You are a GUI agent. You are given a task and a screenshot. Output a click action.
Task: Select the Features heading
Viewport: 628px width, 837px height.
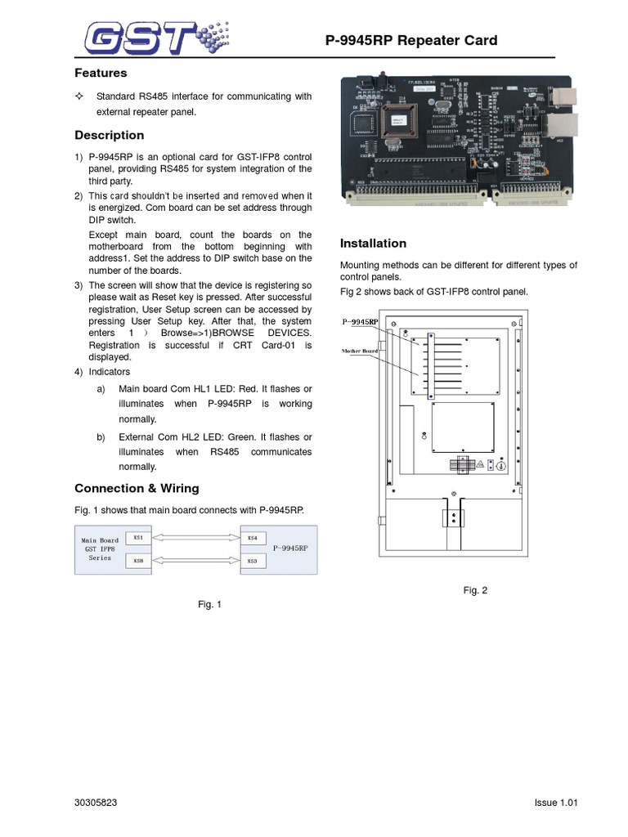coord(101,74)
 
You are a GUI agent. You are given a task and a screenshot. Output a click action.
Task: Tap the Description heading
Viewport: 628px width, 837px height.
coord(109,135)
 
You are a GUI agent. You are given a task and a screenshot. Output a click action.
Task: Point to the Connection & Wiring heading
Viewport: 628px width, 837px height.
coord(137,488)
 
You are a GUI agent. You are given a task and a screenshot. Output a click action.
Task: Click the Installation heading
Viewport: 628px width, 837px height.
coord(373,243)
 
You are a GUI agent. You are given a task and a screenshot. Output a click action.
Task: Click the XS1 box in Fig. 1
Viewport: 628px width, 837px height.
coord(137,537)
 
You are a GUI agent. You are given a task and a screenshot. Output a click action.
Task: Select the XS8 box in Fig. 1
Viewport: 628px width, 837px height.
coord(137,562)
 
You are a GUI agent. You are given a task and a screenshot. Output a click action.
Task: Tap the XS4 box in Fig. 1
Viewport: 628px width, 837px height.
coord(252,537)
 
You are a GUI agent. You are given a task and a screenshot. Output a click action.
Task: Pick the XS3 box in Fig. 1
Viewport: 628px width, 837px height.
coord(252,562)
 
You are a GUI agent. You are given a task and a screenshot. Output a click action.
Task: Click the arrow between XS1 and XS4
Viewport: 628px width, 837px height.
coord(195,537)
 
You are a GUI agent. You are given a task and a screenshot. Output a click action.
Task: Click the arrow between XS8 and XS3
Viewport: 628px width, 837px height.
coord(195,561)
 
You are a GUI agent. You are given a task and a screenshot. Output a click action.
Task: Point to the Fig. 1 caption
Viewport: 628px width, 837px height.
coord(210,604)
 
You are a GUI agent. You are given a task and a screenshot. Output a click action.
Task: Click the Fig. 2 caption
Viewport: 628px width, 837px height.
coord(475,590)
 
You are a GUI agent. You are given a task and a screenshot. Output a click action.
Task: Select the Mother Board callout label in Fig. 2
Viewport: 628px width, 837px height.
coord(359,351)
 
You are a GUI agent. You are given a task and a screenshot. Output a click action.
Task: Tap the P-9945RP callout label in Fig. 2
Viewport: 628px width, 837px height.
coord(360,322)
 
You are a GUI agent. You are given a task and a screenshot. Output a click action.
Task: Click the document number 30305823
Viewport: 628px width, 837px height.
coord(96,803)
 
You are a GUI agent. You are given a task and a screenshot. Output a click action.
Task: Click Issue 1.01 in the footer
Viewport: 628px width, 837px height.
coord(550,803)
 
